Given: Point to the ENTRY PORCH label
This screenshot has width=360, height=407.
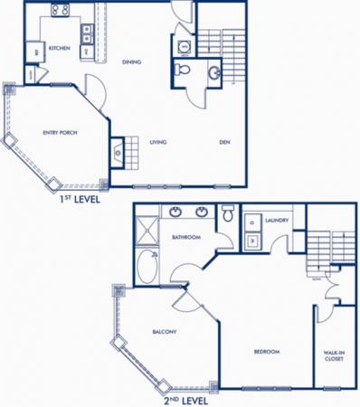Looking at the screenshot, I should click(x=60, y=133).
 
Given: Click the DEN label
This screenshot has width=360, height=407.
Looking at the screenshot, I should click(x=223, y=142).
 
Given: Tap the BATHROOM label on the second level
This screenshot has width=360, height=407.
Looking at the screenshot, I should click(x=186, y=238).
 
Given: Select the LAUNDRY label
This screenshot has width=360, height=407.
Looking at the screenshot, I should click(x=278, y=220).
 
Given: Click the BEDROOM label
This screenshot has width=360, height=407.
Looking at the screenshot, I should click(x=266, y=351).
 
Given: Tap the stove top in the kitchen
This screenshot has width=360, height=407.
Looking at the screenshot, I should click(x=62, y=11).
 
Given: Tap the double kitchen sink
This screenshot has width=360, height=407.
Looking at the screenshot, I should click(x=87, y=34).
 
